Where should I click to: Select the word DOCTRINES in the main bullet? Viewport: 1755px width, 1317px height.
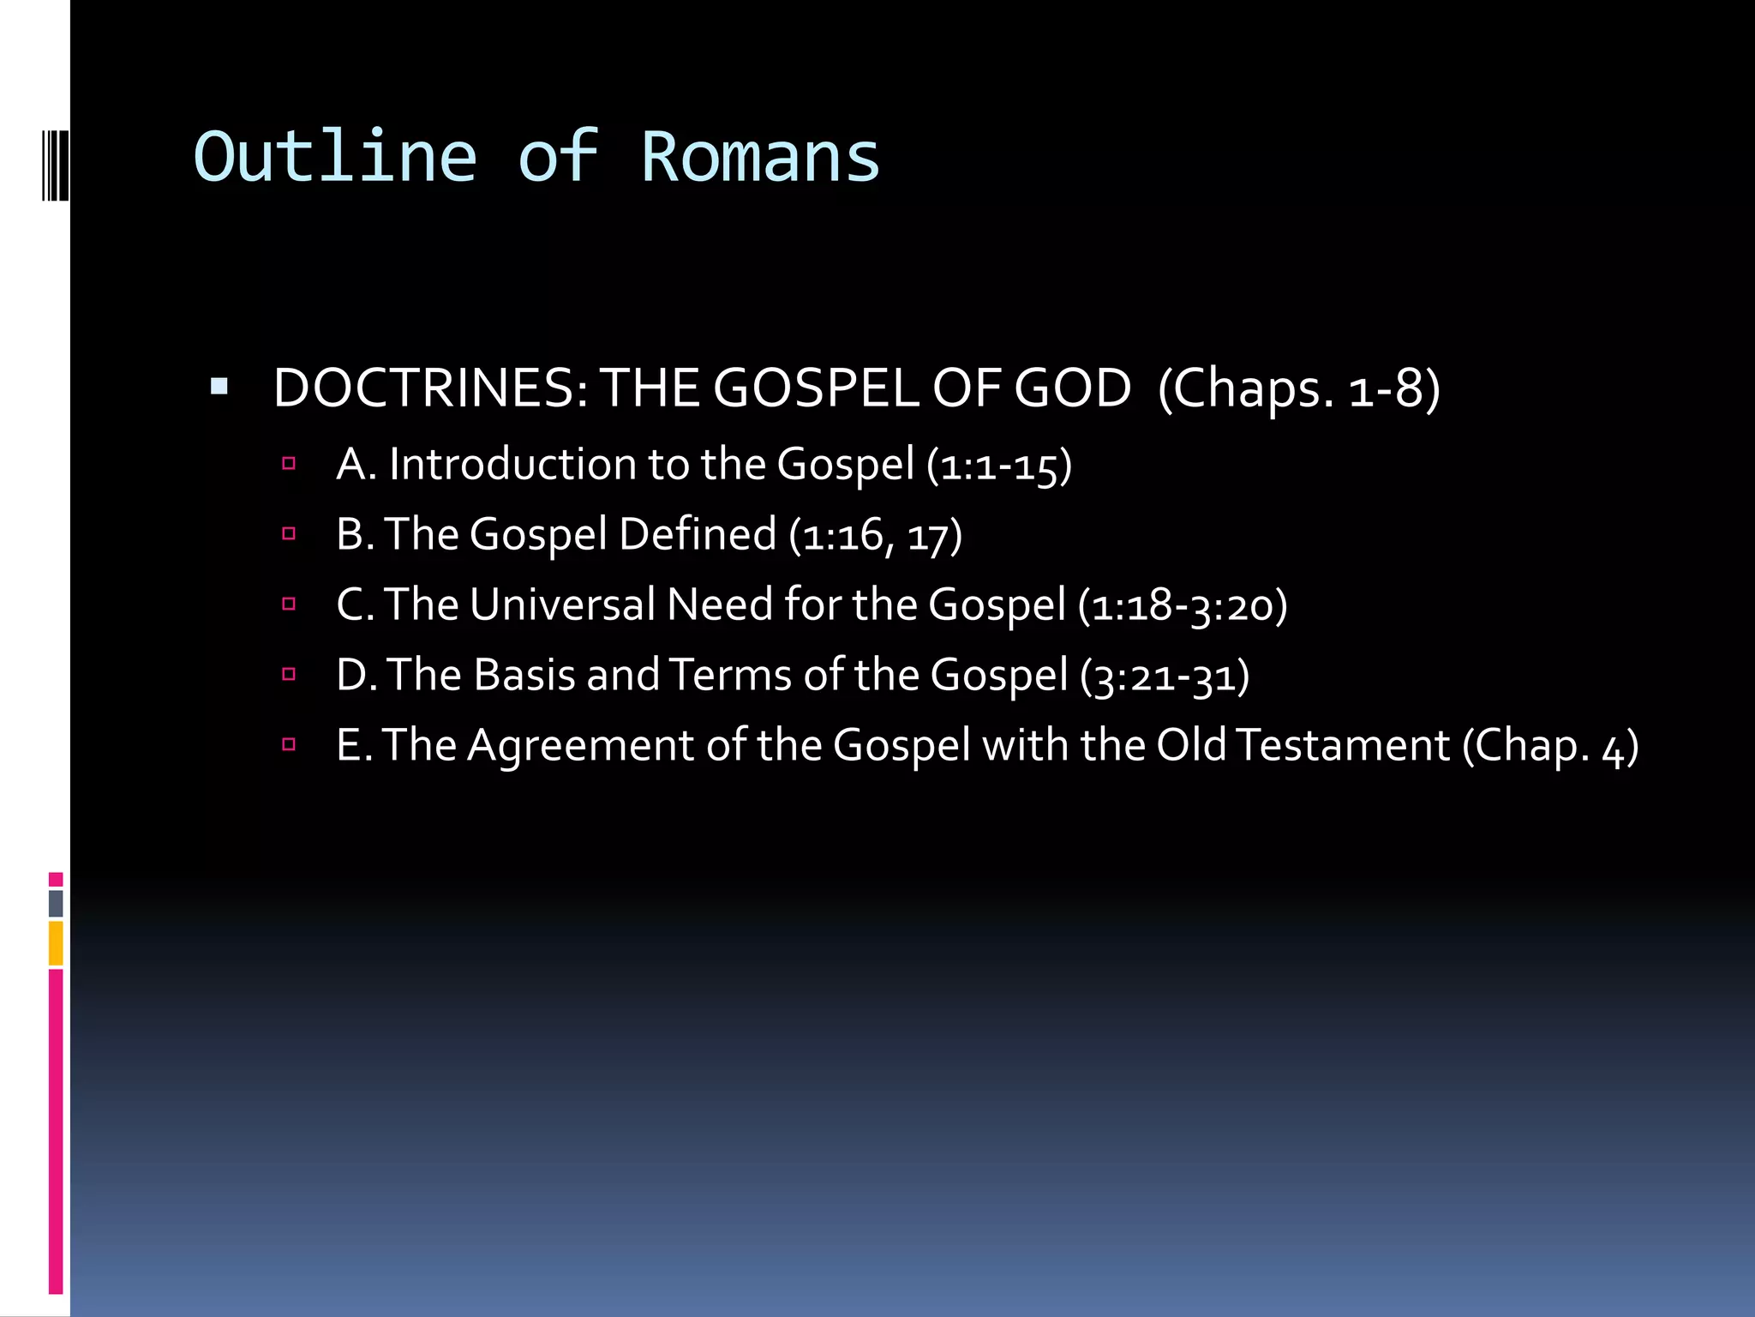[x=425, y=388]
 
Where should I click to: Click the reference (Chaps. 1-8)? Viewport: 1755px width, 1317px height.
[x=1298, y=388]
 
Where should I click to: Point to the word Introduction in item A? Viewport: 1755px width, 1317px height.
[x=511, y=465]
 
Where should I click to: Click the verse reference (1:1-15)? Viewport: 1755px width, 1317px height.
[x=999, y=466]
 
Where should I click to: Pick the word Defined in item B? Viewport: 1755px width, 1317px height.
[x=697, y=535]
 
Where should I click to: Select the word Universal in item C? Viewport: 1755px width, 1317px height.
[x=561, y=604]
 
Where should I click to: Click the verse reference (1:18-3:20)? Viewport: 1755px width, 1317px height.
[x=1183, y=605]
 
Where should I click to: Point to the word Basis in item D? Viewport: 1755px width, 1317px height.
[x=524, y=675]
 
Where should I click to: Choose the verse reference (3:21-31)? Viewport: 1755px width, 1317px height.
[x=1165, y=676]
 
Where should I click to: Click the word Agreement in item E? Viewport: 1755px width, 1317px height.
[x=580, y=745]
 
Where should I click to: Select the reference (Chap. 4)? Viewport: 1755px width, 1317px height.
[x=1550, y=746]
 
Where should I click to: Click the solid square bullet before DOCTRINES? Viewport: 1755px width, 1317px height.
[x=219, y=387]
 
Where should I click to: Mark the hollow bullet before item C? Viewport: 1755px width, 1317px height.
[x=289, y=604]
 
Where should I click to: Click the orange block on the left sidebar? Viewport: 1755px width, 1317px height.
[x=56, y=943]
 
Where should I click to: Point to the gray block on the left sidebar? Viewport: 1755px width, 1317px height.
[x=56, y=903]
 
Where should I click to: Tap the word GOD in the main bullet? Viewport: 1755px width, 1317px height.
[x=1072, y=388]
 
